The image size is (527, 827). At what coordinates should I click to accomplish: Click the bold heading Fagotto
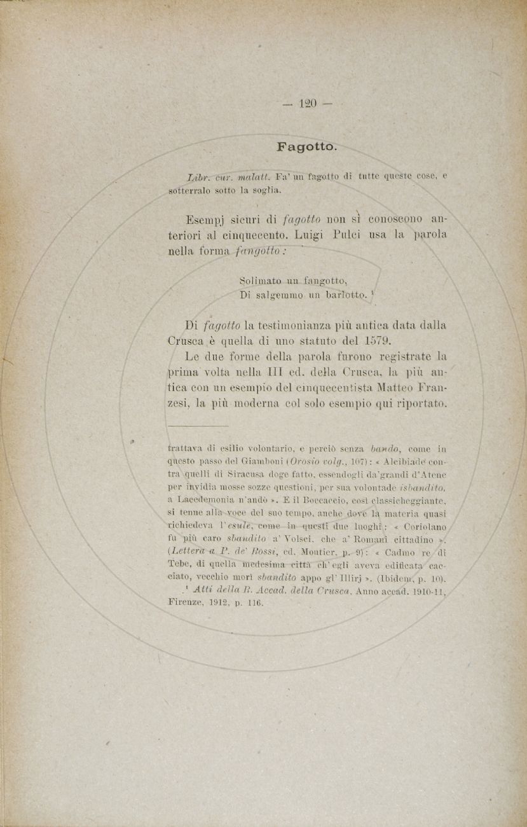[x=306, y=147]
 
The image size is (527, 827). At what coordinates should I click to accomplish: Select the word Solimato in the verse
[x=261, y=281]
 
